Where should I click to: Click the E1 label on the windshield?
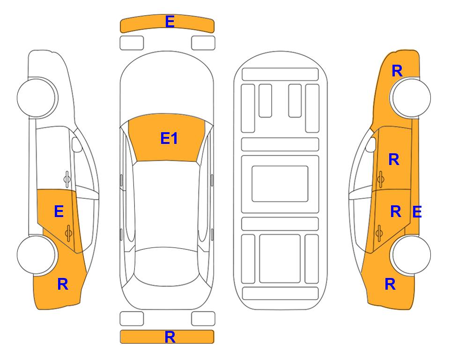click(169, 138)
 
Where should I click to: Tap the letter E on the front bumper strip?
click(170, 22)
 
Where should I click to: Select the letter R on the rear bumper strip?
click(170, 337)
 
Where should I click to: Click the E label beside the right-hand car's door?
click(417, 212)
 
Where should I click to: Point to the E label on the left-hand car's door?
click(59, 211)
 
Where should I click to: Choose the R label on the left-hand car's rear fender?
click(63, 284)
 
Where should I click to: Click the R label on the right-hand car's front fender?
click(397, 71)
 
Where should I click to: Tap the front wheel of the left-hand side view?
click(37, 97)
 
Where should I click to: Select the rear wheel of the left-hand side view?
click(37, 255)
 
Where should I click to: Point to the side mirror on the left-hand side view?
click(76, 144)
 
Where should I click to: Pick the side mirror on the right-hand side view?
click(371, 144)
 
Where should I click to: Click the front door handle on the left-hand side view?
click(67, 179)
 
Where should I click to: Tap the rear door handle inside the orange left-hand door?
click(68, 233)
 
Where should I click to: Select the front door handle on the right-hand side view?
click(381, 179)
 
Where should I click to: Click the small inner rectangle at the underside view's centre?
click(280, 184)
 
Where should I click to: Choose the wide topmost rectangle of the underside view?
click(280, 75)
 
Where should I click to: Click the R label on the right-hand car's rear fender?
click(390, 284)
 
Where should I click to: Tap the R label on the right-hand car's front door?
click(394, 159)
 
